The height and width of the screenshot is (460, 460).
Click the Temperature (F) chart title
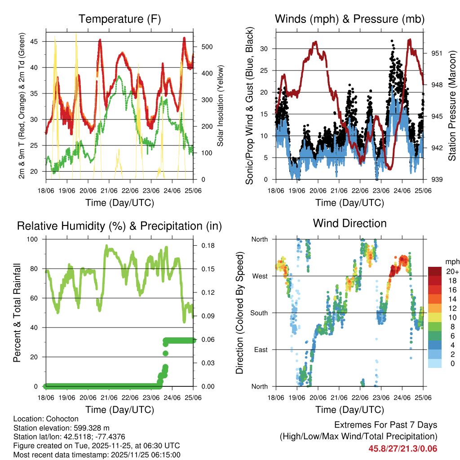click(x=119, y=19)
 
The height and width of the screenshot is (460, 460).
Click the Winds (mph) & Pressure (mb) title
click(x=350, y=19)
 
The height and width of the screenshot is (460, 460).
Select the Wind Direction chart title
click(x=350, y=223)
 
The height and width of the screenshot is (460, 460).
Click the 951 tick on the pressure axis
click(x=436, y=53)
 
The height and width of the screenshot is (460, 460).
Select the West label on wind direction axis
click(x=259, y=276)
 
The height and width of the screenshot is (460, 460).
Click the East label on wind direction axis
click(x=260, y=349)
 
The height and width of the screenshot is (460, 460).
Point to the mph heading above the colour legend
click(x=451, y=262)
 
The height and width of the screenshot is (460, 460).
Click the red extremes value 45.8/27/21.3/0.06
click(x=402, y=448)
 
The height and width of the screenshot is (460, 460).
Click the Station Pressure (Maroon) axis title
click(x=452, y=106)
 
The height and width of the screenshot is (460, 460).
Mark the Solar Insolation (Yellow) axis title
click(x=221, y=106)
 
